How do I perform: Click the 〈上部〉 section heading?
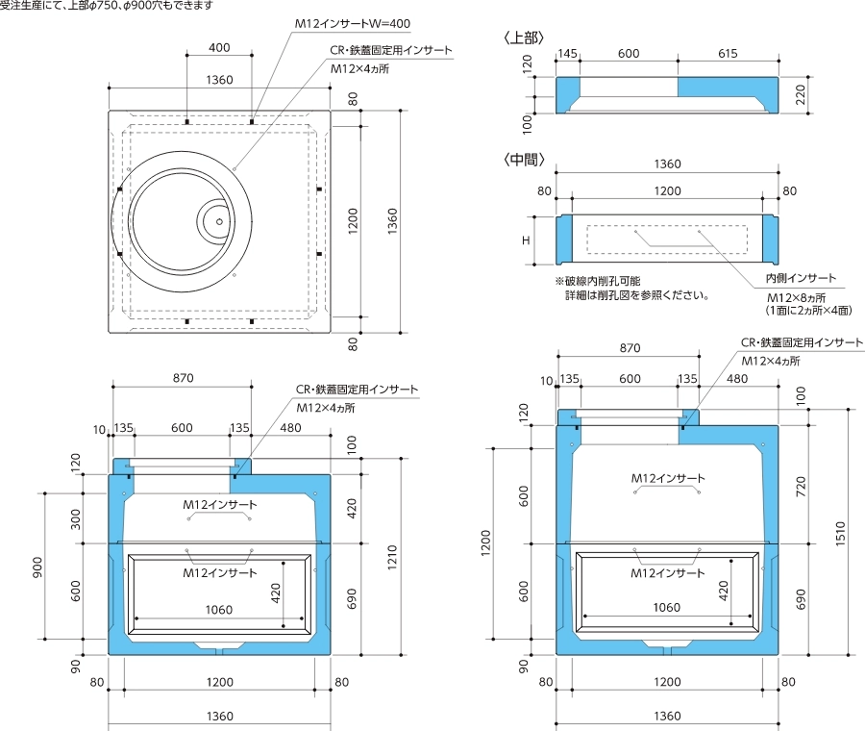pyautogui.click(x=525, y=38)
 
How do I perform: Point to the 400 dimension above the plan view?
pyautogui.click(x=219, y=48)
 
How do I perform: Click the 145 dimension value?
pyautogui.click(x=568, y=56)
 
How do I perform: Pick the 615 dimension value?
pyautogui.click(x=728, y=56)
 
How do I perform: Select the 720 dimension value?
pyautogui.click(x=801, y=486)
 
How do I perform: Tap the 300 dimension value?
pyautogui.click(x=77, y=518)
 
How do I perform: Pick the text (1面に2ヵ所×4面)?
pyautogui.click(x=808, y=311)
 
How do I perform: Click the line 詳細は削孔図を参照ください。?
pyautogui.click(x=637, y=296)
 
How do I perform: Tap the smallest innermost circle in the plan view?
pyautogui.click(x=219, y=221)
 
